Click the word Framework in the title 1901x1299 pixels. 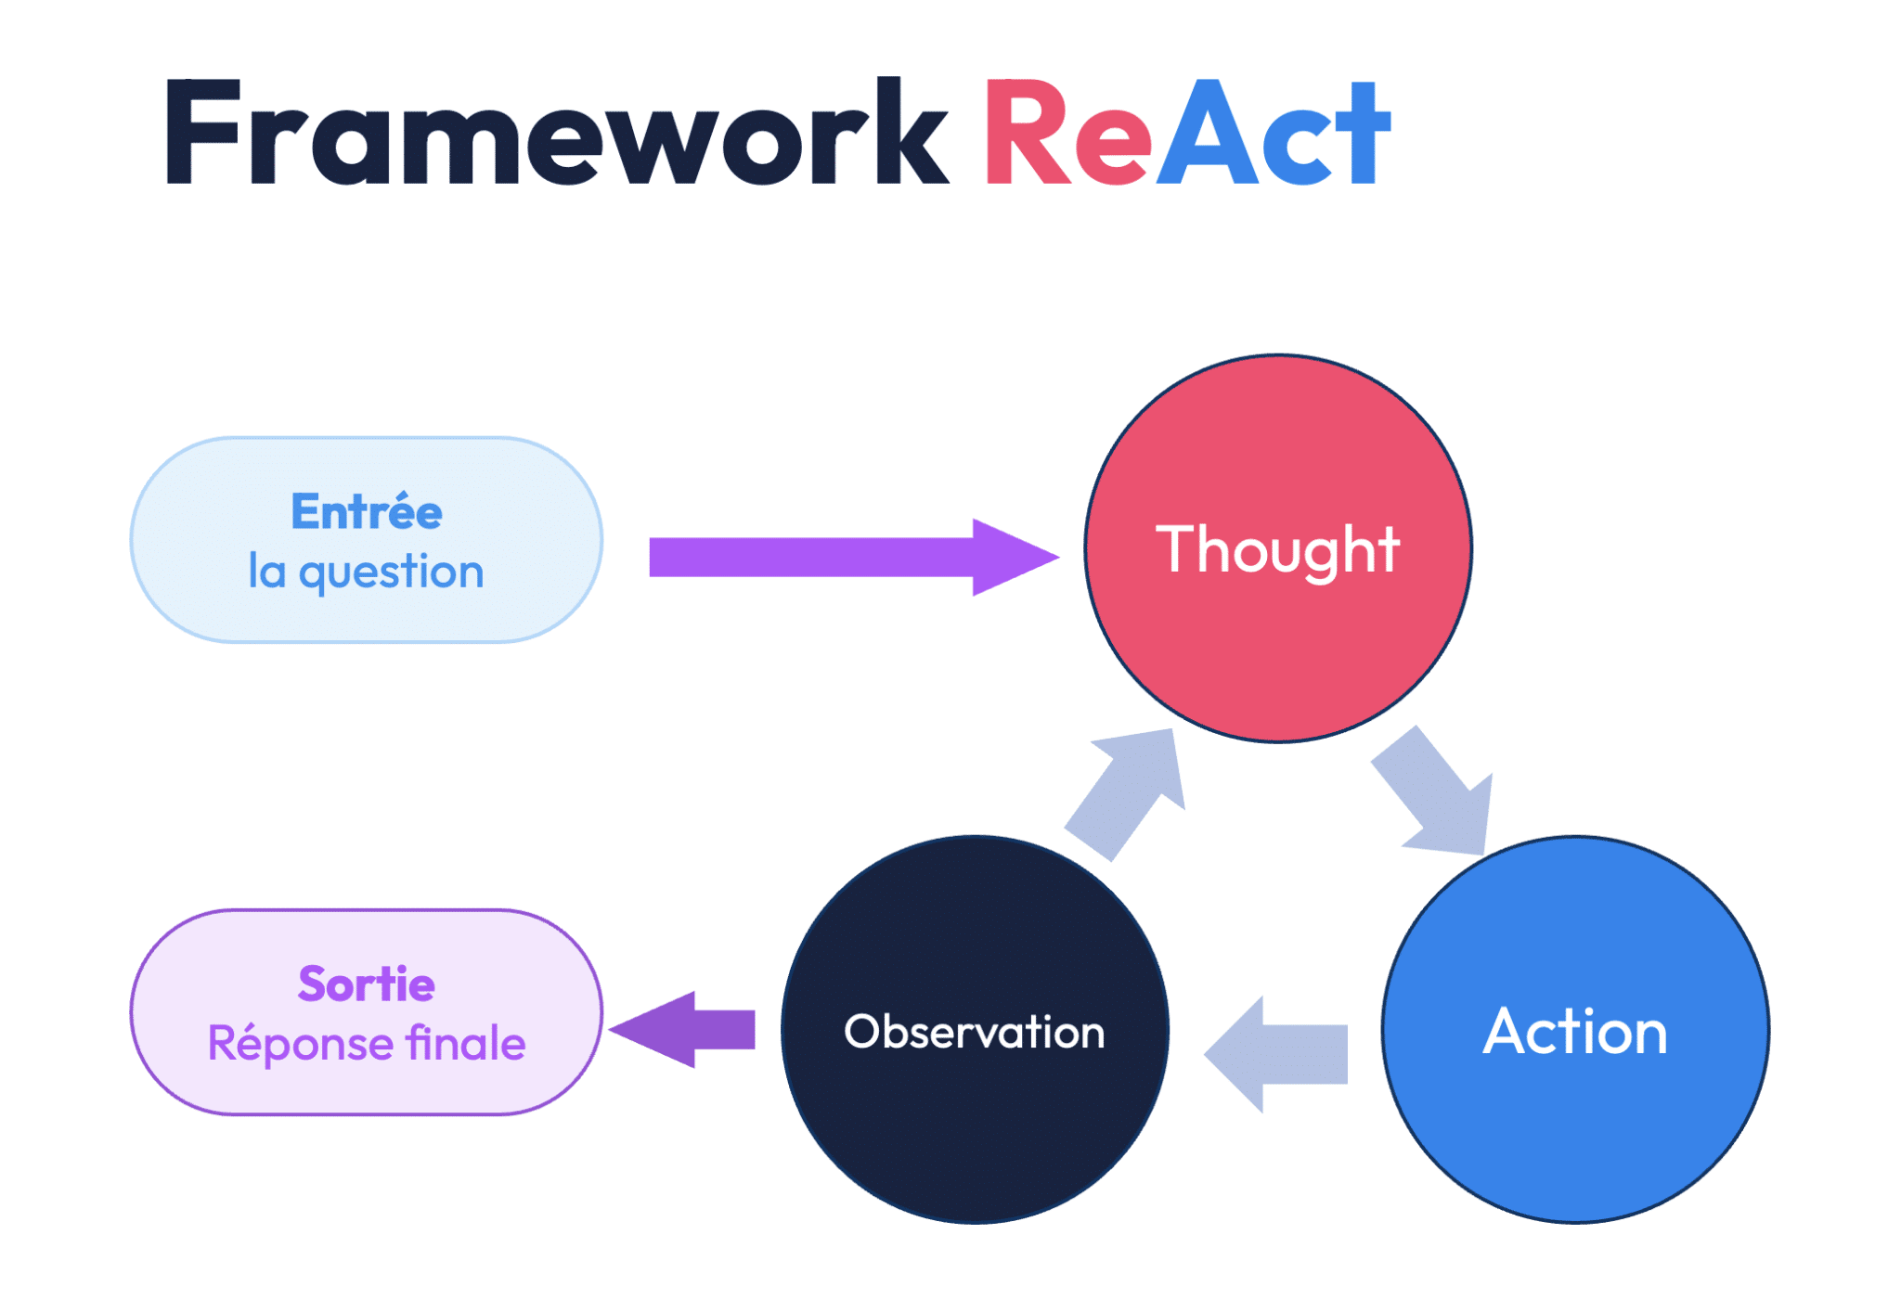(x=556, y=131)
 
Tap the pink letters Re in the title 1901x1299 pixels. (x=1067, y=131)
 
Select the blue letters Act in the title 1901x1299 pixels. (x=1274, y=131)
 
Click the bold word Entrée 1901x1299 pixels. (x=367, y=511)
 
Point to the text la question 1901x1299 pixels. (x=367, y=571)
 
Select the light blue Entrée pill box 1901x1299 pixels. (x=367, y=540)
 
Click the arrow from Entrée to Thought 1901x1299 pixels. (x=854, y=557)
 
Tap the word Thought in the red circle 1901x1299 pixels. (x=1277, y=549)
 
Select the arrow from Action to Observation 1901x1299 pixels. (x=1276, y=1054)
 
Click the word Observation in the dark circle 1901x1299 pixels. (x=975, y=1032)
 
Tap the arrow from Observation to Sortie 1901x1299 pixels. (x=682, y=1029)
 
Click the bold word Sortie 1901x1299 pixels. (x=367, y=984)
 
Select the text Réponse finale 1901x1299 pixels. (x=367, y=1043)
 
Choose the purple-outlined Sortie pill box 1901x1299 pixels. (x=367, y=1012)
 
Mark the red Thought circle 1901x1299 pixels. (x=1278, y=548)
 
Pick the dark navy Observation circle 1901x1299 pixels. (x=975, y=1030)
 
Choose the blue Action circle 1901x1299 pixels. (x=1575, y=1030)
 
